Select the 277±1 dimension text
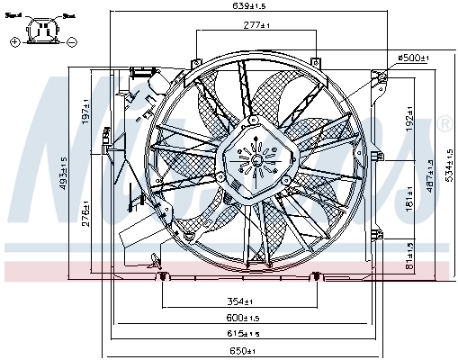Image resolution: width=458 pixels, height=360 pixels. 258,25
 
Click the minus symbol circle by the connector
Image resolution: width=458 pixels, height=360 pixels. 72,41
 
